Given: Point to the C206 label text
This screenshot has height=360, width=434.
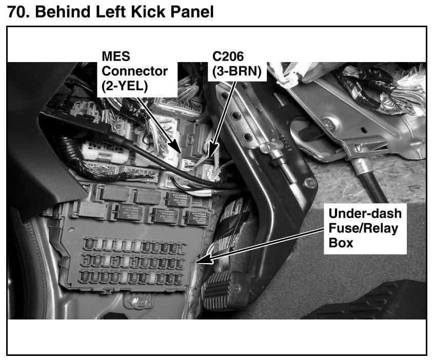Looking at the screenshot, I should [x=229, y=55].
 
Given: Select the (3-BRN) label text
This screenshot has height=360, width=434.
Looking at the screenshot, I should [x=236, y=72].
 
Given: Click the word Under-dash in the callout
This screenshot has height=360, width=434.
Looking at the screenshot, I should [x=365, y=213].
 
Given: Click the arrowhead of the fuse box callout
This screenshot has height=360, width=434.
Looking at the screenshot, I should [x=201, y=261].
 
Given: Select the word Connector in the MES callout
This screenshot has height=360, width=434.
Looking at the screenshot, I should [x=134, y=71].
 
